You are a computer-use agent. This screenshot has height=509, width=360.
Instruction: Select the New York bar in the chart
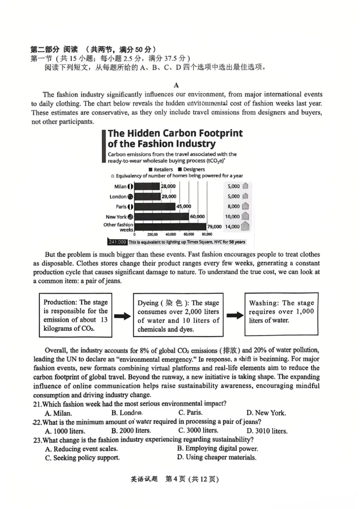coord(162,217)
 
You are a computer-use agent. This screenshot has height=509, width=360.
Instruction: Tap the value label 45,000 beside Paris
coord(184,206)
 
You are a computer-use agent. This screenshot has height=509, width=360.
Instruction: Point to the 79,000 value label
coord(215,227)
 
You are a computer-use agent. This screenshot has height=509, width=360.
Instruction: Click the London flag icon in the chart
coord(130,196)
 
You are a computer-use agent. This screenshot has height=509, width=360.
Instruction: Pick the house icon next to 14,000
coord(246,226)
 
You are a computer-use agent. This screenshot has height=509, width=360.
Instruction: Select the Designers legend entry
coord(192,170)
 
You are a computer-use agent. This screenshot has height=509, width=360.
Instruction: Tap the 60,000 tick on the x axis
coord(189,234)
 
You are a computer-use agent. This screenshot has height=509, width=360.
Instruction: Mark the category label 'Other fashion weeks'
coord(118,227)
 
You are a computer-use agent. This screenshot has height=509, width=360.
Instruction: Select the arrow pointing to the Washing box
coord(234,316)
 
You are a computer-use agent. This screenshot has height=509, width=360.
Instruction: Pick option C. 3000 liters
coord(198,431)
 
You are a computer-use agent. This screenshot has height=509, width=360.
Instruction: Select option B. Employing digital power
coord(217,449)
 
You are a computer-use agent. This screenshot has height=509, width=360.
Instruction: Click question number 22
coord(37,422)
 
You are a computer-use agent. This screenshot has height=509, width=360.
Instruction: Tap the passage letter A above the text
coord(176,85)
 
